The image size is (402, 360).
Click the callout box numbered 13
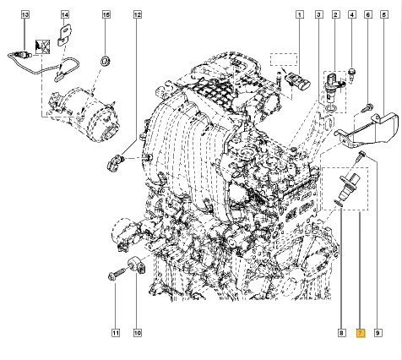point(25,14)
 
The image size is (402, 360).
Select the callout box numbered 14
point(65,14)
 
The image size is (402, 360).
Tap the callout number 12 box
point(137,14)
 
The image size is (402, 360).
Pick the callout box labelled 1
point(300,14)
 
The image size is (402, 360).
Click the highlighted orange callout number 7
point(361,333)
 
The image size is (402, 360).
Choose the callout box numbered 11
point(116,333)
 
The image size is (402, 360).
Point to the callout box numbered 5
point(384,14)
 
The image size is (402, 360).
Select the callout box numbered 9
point(378,333)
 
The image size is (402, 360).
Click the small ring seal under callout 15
point(106,61)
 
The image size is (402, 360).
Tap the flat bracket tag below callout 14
point(64,36)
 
